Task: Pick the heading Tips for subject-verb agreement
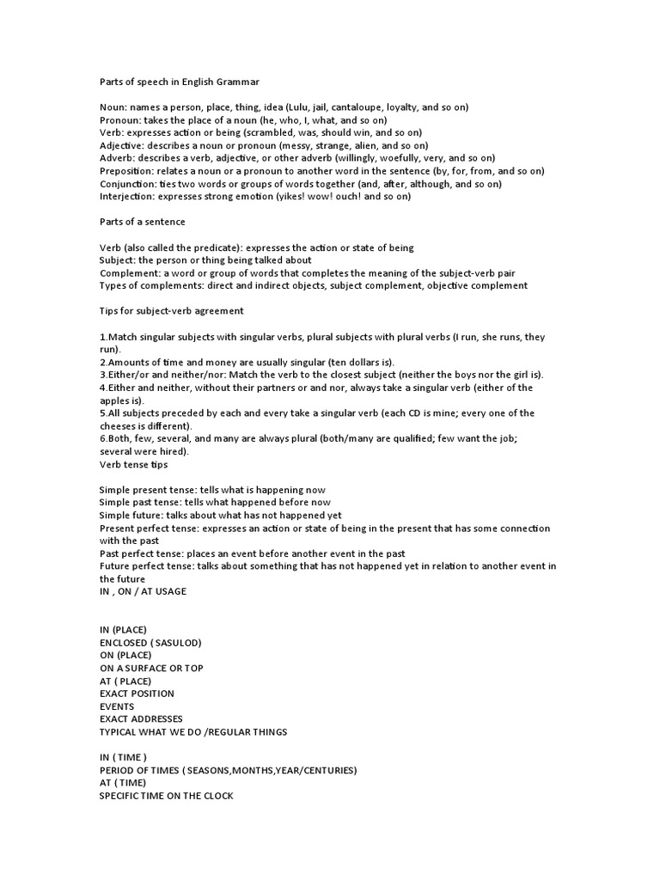point(171,310)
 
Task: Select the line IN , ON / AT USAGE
point(143,591)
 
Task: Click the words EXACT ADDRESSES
point(141,718)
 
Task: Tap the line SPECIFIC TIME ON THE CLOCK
point(166,795)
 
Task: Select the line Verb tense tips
point(133,464)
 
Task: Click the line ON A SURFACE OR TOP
point(151,668)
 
